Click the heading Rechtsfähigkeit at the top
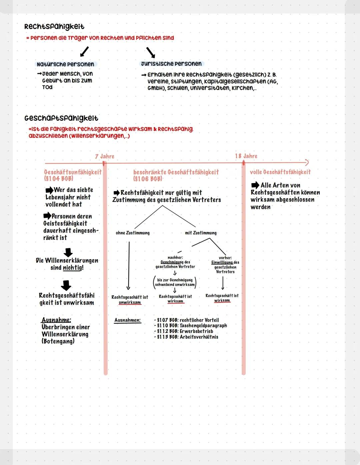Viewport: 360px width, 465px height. click(x=54, y=27)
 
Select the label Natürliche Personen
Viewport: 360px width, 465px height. click(x=65, y=64)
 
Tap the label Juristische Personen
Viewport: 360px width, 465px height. click(x=171, y=64)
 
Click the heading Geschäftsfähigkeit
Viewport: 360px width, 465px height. click(x=61, y=118)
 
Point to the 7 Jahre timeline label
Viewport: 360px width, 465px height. click(x=105, y=156)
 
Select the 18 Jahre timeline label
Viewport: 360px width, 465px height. click(x=246, y=156)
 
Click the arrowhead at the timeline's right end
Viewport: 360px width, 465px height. click(x=307, y=162)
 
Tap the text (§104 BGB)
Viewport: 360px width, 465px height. click(x=59, y=178)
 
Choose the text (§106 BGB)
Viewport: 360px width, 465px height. click(x=148, y=178)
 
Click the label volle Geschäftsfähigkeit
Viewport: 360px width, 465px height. click(x=280, y=172)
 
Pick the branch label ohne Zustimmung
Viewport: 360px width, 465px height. click(x=133, y=233)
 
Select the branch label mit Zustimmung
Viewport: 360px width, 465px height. click(x=201, y=233)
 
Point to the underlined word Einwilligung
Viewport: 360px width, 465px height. click(x=222, y=263)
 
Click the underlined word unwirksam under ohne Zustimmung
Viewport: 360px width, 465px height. click(x=130, y=303)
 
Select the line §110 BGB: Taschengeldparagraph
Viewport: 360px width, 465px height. click(x=190, y=326)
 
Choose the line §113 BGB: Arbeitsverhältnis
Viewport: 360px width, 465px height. click(x=186, y=337)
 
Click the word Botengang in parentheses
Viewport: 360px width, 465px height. click(x=58, y=341)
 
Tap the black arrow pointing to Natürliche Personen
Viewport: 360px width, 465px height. click(x=84, y=52)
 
